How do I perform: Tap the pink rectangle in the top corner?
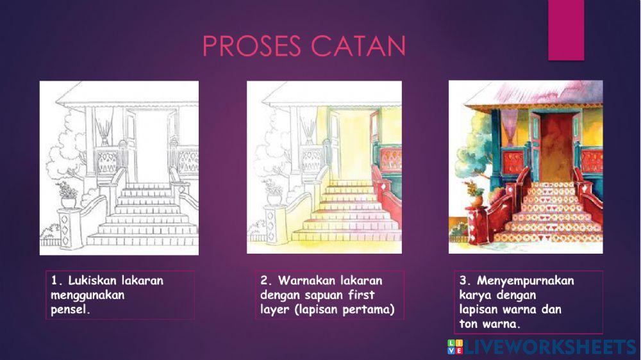tap(566, 29)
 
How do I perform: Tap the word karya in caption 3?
tap(476, 295)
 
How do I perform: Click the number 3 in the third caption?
tap(463, 281)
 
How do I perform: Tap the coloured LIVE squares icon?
tap(454, 347)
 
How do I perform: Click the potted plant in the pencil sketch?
tap(67, 194)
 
